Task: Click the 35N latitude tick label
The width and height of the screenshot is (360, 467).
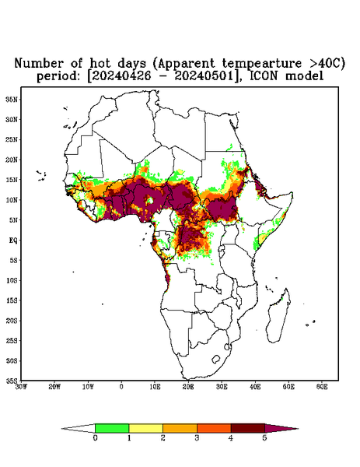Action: pos(12,99)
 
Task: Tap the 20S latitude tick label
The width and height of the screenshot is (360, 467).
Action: pos(12,321)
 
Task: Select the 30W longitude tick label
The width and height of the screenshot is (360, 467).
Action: pos(21,387)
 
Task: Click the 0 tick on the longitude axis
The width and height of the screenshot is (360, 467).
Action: pos(121,387)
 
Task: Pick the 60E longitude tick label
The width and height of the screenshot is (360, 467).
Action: pos(322,387)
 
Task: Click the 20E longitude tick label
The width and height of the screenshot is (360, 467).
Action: pos(188,387)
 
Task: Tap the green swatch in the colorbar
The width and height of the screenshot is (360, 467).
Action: pos(112,428)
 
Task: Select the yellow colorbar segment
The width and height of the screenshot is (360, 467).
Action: pos(145,428)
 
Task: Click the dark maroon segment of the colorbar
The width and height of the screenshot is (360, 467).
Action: pos(248,428)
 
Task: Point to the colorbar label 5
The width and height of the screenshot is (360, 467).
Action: pos(264,438)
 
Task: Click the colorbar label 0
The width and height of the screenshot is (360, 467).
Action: pos(95,438)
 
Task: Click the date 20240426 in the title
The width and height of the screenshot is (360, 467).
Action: pos(119,76)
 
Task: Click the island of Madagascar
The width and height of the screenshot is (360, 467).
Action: pos(279,316)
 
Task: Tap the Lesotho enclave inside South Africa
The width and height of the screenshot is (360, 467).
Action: pos(216,359)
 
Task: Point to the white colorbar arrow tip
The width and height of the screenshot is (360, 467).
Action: pos(62,429)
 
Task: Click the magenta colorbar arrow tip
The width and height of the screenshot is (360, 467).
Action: pos(298,429)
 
